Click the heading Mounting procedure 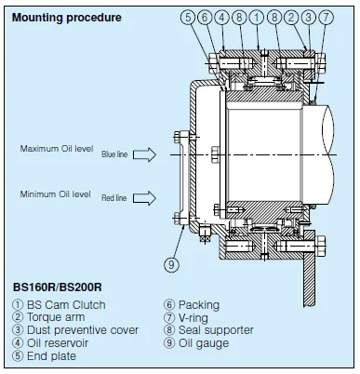point(67,18)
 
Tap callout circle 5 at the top point(188,17)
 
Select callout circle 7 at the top point(326,17)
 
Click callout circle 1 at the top point(257,17)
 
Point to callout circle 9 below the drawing point(171,265)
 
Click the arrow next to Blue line point(144,154)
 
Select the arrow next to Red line point(144,198)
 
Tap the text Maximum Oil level point(57,149)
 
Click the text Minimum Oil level point(56,194)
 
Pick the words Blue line point(114,154)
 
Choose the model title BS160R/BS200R point(58,287)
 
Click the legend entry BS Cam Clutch point(60,305)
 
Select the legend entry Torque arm point(48,317)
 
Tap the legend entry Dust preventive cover point(75,330)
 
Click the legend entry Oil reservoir point(50,343)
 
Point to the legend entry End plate point(45,356)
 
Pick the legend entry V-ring point(186,317)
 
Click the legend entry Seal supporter point(209,330)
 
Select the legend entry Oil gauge point(196,343)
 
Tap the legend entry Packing point(192,305)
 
